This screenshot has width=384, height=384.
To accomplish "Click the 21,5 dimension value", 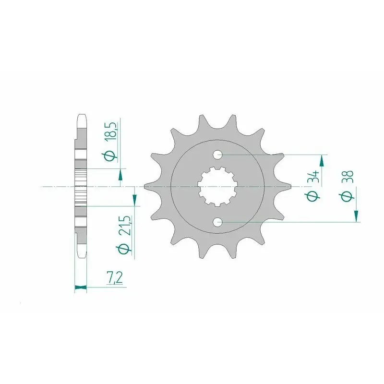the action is click(x=125, y=226).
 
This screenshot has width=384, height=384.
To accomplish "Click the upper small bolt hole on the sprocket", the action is click(x=217, y=155).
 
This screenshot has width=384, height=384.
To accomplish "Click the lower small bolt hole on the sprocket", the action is click(x=217, y=222).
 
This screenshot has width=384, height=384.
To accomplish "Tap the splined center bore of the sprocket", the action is click(x=218, y=187).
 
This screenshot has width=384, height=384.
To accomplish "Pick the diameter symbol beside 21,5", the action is click(x=124, y=249).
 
